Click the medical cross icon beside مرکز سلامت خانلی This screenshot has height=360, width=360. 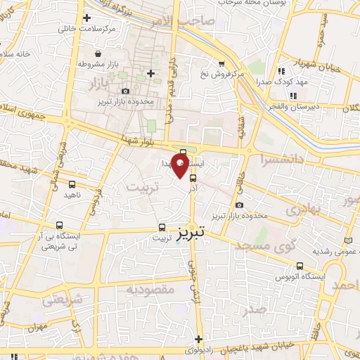[x=86, y=18]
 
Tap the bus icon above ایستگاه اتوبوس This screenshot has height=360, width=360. [x=301, y=266]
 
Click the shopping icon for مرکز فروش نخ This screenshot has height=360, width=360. [x=221, y=63]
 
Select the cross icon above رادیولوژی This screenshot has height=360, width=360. [x=199, y=339]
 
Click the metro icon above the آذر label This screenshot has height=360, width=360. [x=193, y=179]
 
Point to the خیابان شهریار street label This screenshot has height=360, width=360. [x=300, y=64]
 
